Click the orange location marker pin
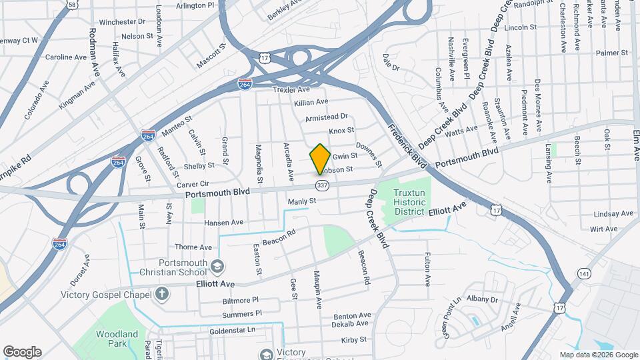[x=320, y=159]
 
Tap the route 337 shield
[x=323, y=184]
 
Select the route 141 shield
[x=584, y=273]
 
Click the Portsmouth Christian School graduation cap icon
[x=217, y=267]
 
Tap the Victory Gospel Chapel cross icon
[x=161, y=293]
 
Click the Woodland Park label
[x=117, y=339]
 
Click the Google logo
[x=22, y=352]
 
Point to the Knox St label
[x=341, y=131]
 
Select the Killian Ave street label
[x=311, y=102]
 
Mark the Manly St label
[x=301, y=201]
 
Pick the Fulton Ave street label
[x=427, y=266]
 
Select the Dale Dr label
[x=391, y=67]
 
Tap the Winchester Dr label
[x=123, y=22]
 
